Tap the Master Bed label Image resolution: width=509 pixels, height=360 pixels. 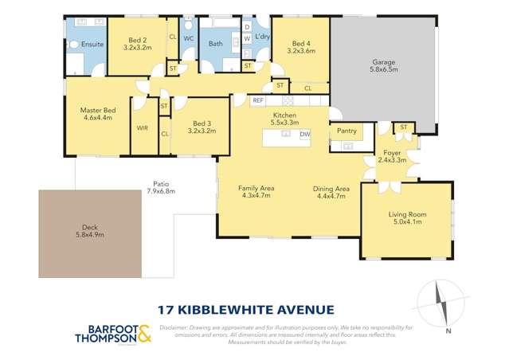(x=98, y=112)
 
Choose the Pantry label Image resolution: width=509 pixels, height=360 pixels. (x=347, y=131)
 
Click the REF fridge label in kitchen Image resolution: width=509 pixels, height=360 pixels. (x=258, y=101)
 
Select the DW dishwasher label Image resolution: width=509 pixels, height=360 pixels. (x=305, y=135)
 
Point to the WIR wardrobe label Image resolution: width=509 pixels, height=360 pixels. (x=143, y=127)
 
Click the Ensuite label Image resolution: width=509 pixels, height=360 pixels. (x=92, y=45)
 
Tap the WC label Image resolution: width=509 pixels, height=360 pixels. (x=189, y=37)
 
